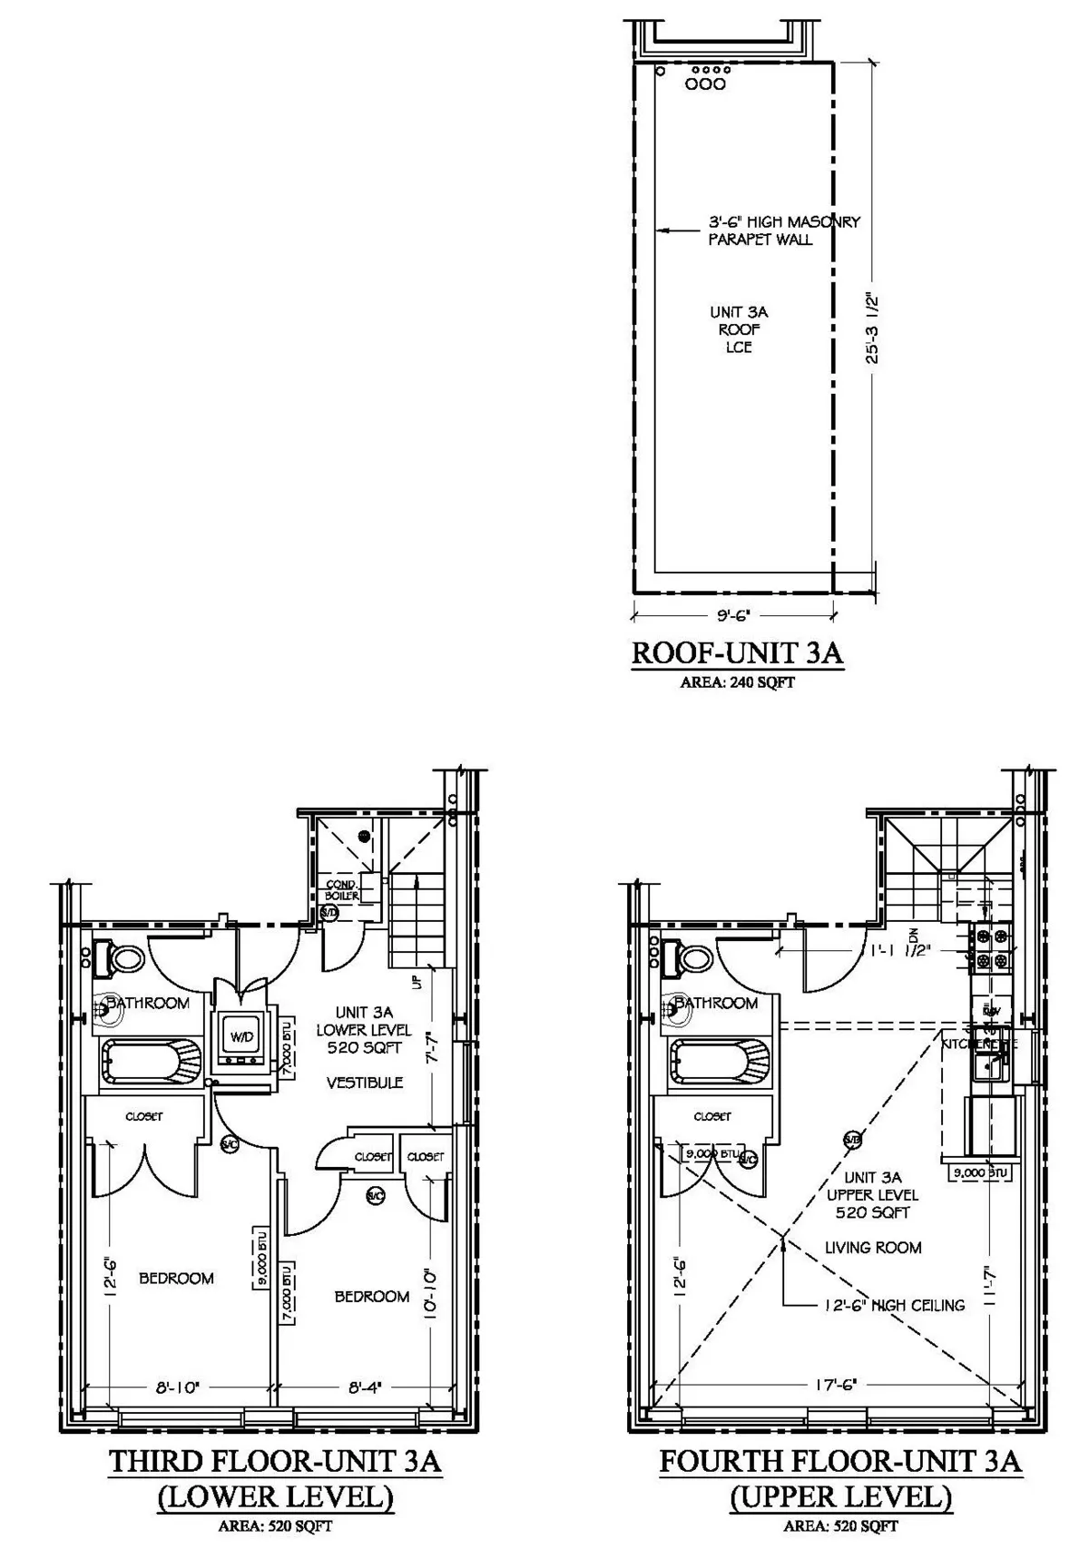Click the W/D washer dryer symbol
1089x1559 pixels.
pyautogui.click(x=240, y=1036)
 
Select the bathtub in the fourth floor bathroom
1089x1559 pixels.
pyautogui.click(x=720, y=1060)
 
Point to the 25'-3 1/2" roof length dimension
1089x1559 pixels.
pyautogui.click(x=873, y=327)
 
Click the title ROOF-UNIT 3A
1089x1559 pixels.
pyautogui.click(x=737, y=653)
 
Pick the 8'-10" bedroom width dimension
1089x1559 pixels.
pyautogui.click(x=177, y=1387)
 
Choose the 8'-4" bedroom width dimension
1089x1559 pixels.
pyautogui.click(x=365, y=1387)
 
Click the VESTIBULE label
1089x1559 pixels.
pyautogui.click(x=365, y=1083)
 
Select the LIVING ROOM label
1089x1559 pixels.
pyautogui.click(x=872, y=1248)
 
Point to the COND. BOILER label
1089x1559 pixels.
pyautogui.click(x=342, y=890)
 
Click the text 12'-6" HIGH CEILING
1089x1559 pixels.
pyautogui.click(x=893, y=1305)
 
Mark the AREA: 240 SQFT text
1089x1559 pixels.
pyautogui.click(x=737, y=682)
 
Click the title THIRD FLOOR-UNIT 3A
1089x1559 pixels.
pyautogui.click(x=275, y=1462)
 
